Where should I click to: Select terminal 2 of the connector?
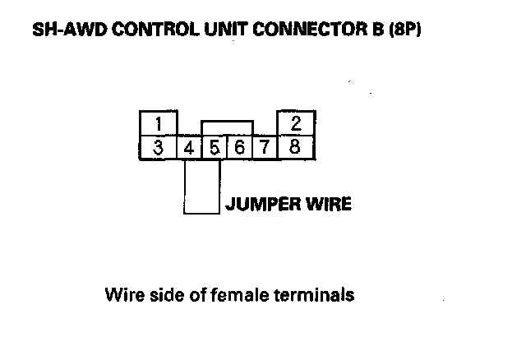pos(296,123)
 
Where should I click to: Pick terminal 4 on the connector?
pos(189,149)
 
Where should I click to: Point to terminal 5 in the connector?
pos(214,149)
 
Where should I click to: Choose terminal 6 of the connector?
pos(238,149)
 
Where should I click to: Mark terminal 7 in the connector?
pos(265,149)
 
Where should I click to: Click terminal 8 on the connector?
pos(296,149)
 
